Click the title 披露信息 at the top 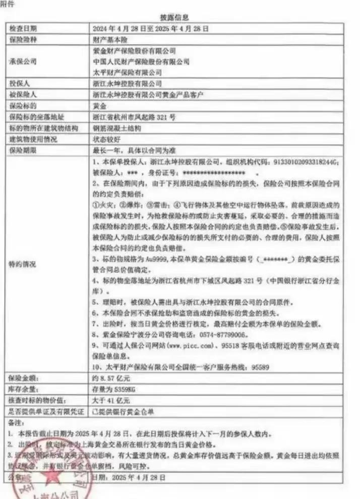click(179, 17)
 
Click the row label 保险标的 click(23, 106)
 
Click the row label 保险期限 click(23, 150)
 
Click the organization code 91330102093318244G click(306, 162)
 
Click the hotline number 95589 click(259, 367)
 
